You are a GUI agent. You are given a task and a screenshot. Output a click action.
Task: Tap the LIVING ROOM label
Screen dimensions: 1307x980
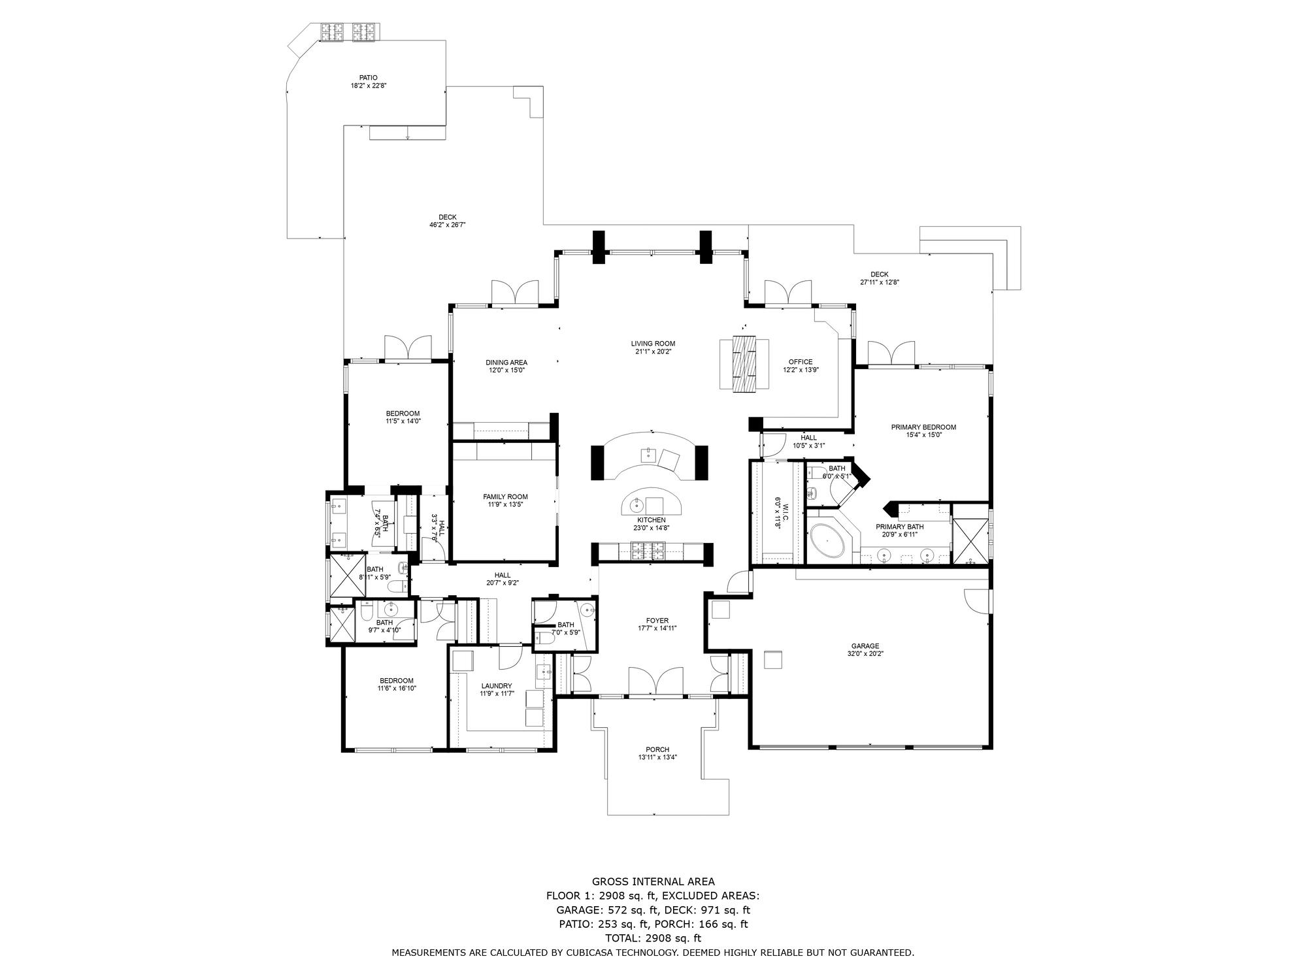[653, 344]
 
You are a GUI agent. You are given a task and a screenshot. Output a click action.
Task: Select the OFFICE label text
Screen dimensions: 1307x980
[801, 362]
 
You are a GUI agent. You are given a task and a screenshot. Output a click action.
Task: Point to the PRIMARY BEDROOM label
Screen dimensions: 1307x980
[923, 427]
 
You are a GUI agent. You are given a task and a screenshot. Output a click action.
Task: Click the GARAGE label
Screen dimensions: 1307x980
[865, 646]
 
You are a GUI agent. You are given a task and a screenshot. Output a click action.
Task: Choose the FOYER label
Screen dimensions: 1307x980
[657, 621]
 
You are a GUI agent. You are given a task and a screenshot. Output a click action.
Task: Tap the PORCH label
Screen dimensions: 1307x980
[657, 749]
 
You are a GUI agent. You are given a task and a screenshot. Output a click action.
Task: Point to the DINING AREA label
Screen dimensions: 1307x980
[506, 363]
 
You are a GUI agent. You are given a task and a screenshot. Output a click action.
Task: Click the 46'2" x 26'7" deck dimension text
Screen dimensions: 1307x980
[447, 225]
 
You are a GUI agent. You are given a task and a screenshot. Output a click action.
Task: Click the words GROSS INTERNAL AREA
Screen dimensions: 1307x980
[653, 881]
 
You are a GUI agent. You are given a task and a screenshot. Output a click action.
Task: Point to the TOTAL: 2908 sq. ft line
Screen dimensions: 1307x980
[653, 938]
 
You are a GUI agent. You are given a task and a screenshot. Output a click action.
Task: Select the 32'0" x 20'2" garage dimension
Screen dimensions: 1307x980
[865, 654]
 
